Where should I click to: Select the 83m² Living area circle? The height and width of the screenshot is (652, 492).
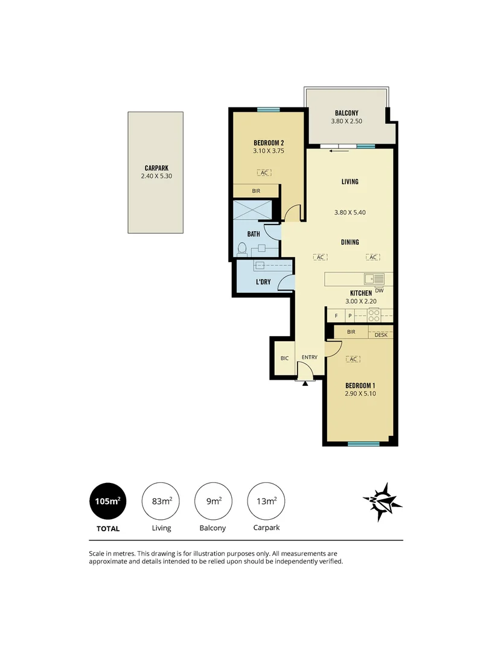point(161,502)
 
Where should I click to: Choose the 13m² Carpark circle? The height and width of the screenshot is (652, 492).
point(266,502)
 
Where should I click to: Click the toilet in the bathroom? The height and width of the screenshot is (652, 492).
point(242,248)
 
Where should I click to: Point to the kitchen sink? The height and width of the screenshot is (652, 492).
point(374,279)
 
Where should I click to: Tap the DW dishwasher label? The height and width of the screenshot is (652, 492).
point(379,290)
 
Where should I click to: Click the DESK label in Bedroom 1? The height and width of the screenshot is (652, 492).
point(381,334)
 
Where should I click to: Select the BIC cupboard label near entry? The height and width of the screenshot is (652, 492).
point(284,359)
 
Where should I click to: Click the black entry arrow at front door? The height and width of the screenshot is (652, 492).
point(306,383)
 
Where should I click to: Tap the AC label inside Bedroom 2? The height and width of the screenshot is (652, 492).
point(263,173)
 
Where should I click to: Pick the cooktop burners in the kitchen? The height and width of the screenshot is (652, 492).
point(374,315)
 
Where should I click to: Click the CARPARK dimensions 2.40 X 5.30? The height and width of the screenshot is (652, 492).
point(155,177)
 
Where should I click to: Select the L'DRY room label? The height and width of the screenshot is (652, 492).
point(263,282)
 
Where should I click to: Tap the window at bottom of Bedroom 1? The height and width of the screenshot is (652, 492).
point(363,444)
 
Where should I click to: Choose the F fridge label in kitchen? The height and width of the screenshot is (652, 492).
point(335,316)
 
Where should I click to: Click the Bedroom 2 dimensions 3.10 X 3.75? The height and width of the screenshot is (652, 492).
point(269,151)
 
